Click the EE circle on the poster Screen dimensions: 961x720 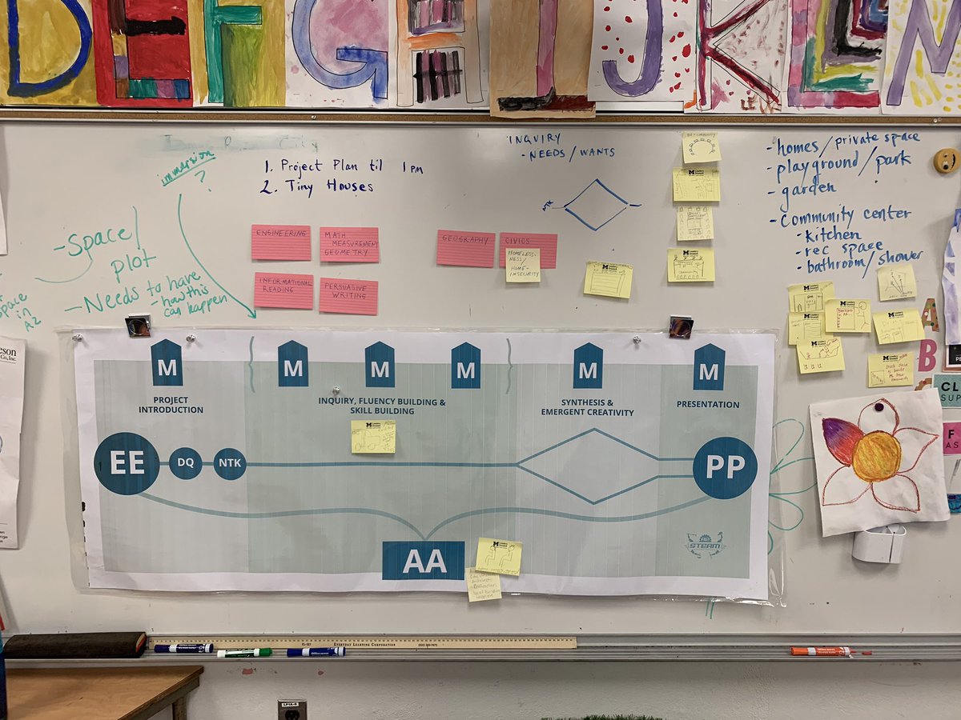tap(127, 463)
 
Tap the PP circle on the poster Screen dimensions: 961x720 tap(724, 467)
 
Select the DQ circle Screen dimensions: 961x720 tap(186, 463)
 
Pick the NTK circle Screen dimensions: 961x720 tap(230, 463)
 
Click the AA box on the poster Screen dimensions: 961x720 tap(423, 560)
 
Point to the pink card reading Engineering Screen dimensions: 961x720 tap(281, 242)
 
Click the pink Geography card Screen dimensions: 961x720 tap(465, 248)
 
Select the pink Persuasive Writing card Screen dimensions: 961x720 tap(348, 296)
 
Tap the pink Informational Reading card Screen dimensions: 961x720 tap(283, 290)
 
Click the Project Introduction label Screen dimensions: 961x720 tap(171, 405)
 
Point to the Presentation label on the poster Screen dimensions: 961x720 tap(708, 405)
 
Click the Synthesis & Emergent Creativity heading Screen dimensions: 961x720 tap(587, 407)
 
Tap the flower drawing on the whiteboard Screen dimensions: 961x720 tap(877, 460)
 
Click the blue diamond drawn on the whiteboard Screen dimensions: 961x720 tap(596, 205)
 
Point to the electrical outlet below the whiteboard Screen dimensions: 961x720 tap(292, 709)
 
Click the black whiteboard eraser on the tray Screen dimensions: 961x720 tap(75, 645)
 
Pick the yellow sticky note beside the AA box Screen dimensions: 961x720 tap(498, 556)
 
